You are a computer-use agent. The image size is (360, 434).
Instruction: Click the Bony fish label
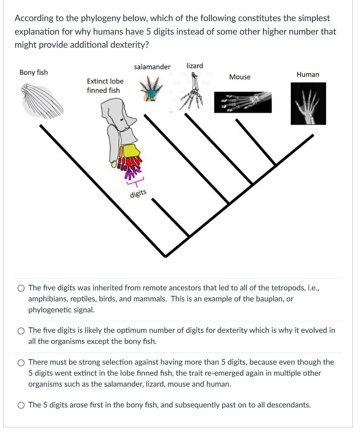coord(34,72)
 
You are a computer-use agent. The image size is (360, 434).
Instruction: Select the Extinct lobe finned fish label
coord(105,86)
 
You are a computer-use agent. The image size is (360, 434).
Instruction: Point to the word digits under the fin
coord(138,193)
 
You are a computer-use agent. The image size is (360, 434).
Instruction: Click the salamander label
coord(152,67)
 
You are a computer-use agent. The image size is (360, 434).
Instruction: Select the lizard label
coord(195,66)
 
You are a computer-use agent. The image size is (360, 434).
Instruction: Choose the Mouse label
coord(240,77)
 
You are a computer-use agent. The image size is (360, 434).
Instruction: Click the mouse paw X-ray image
coord(243,102)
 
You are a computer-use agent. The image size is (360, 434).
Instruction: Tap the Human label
coord(308,75)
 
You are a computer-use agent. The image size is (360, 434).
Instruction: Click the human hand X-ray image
coord(308,104)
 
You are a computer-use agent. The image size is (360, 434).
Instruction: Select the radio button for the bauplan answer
coord(21,288)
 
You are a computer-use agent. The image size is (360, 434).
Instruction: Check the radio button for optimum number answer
coord(21,330)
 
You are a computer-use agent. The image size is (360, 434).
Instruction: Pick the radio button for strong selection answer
coord(21,362)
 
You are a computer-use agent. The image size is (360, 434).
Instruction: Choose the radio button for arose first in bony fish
coord(21,405)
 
